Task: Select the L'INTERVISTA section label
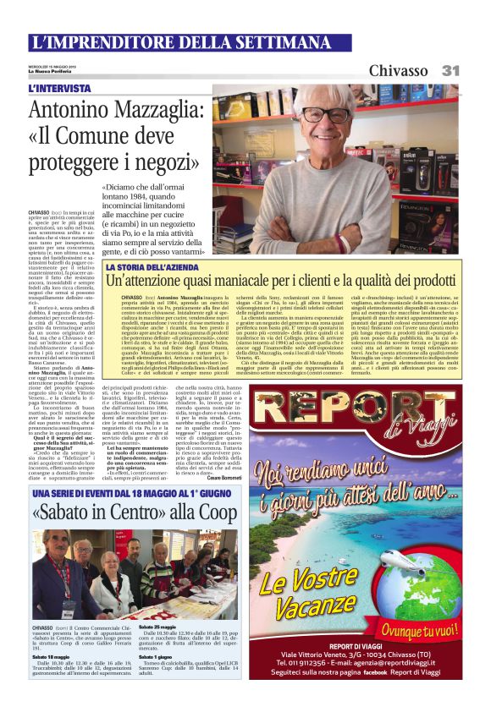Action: click(59, 88)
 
